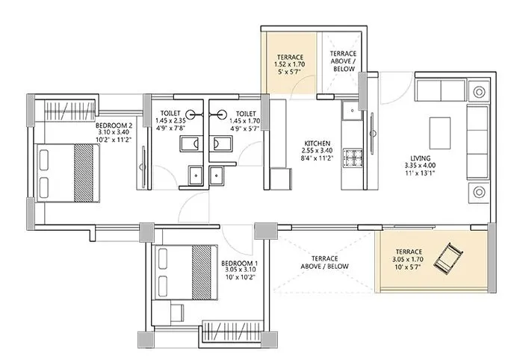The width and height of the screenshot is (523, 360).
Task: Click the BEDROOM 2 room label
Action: [x=114, y=126]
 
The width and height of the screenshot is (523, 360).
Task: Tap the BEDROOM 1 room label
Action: [x=240, y=264]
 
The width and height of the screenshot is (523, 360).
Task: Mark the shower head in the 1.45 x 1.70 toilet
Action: [x=220, y=114]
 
